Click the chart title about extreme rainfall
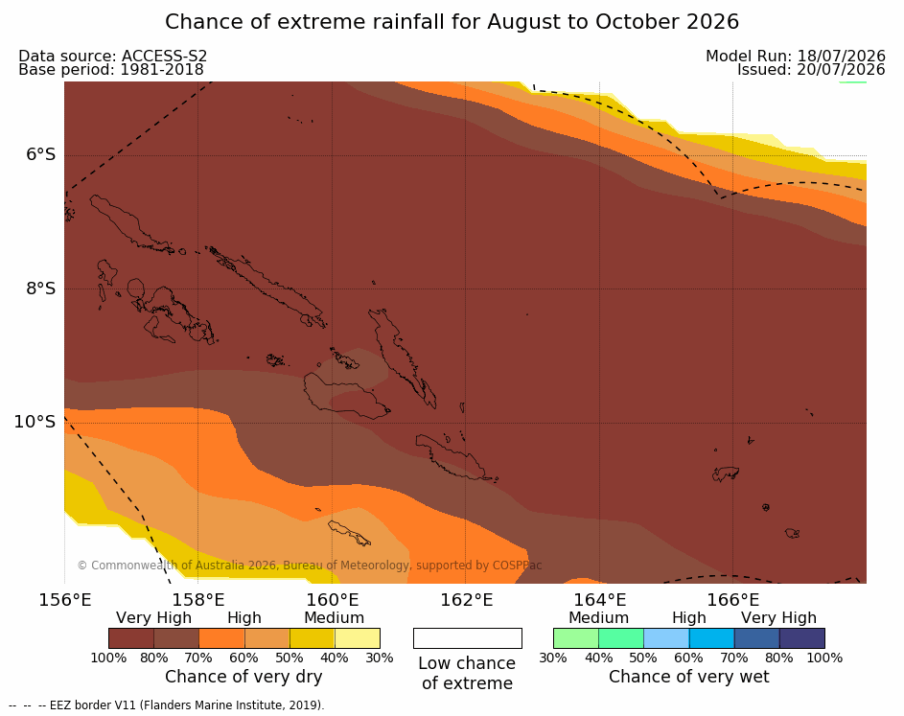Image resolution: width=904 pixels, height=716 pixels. tap(452, 22)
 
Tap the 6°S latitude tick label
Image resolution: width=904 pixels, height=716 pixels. tap(40, 154)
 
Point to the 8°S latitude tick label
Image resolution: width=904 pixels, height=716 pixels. tap(40, 289)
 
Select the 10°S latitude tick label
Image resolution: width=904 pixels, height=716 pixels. tap(35, 422)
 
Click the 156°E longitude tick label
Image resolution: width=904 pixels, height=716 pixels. tap(64, 600)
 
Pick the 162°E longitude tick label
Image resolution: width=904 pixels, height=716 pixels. tap(466, 600)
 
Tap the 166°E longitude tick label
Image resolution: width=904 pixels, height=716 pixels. tap(732, 600)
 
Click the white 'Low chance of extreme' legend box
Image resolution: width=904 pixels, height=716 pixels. tap(468, 638)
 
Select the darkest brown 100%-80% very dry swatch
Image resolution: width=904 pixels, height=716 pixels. tap(131, 638)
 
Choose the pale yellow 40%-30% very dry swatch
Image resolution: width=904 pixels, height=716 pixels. tap(358, 638)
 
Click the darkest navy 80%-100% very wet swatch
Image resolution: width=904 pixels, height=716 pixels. tap(802, 638)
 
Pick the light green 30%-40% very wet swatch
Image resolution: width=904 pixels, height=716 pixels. tap(576, 638)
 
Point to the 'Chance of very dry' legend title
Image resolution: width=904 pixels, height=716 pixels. tap(243, 677)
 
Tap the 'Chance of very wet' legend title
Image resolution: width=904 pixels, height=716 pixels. tap(689, 677)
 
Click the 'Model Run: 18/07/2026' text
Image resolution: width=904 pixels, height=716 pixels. tap(796, 56)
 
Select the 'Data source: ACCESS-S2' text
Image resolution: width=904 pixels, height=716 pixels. tap(112, 56)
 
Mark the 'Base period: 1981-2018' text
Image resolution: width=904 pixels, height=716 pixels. tap(111, 70)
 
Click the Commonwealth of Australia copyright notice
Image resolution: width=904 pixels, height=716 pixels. tap(310, 565)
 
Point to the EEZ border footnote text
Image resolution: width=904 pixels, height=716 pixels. tap(167, 705)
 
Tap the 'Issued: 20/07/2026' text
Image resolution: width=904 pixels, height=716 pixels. tap(811, 70)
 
